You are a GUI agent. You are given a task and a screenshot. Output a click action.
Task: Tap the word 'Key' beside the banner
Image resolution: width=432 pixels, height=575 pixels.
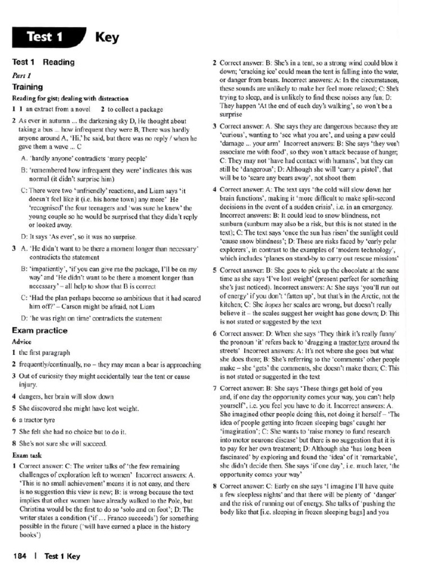point(107,38)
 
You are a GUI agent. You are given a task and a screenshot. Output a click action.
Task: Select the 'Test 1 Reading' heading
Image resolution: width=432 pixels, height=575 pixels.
point(43,62)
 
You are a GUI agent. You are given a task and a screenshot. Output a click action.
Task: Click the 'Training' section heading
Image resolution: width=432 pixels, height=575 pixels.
point(28,87)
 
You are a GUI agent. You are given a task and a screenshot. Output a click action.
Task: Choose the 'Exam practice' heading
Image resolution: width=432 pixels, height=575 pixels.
point(39,331)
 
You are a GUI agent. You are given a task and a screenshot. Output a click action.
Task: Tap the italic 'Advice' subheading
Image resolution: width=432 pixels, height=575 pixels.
point(21,341)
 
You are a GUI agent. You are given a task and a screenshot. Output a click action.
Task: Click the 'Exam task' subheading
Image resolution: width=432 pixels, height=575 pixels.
point(26,455)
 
